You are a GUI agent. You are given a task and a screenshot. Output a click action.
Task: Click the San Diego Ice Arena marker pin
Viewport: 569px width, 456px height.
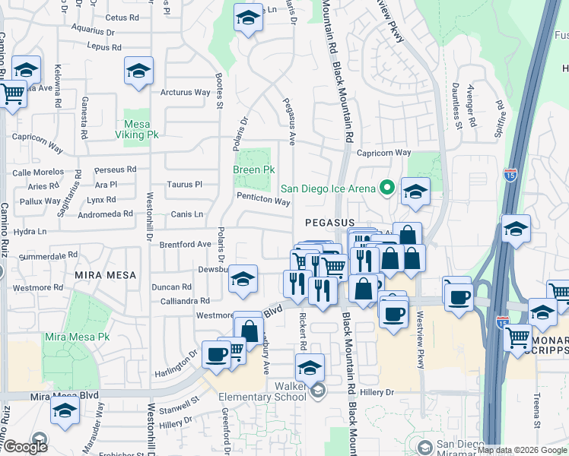pos(386,186)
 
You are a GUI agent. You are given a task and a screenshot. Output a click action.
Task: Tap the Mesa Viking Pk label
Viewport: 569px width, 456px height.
pos(141,128)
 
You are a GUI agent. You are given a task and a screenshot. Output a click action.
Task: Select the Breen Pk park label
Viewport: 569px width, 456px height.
pos(254,169)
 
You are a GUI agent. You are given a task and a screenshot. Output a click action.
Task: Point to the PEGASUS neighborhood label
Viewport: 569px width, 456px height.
pos(327,223)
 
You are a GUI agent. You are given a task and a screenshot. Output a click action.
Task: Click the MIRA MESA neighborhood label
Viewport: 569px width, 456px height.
pos(105,274)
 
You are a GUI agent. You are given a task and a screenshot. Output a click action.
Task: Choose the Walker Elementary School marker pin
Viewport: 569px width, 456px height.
pos(317,391)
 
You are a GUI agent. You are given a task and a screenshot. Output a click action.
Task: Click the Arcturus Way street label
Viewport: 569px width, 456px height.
pos(185,93)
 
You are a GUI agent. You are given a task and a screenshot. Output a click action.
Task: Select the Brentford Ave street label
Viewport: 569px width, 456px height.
pos(185,245)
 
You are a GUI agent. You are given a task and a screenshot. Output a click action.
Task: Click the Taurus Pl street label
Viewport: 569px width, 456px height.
pos(185,184)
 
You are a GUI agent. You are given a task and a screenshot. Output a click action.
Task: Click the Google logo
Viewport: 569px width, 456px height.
pos(24,447)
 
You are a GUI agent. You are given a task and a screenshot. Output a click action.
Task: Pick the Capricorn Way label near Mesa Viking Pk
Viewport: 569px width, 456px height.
pos(36,138)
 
